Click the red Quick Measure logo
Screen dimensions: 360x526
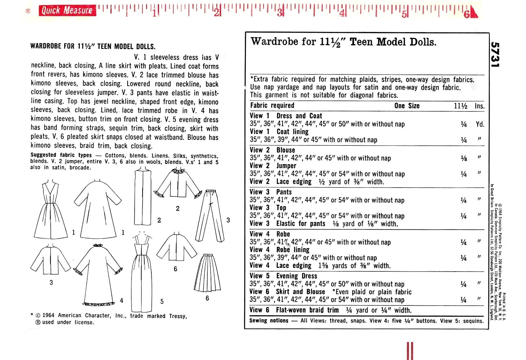67,11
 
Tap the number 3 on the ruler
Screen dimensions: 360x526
280,12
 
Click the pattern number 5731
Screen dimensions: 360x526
496,54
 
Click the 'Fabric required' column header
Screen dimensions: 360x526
272,105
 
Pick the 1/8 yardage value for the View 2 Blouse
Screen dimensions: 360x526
464,158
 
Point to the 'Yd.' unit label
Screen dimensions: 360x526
480,124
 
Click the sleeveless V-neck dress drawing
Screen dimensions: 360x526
51,211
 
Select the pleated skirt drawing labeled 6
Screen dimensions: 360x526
207,273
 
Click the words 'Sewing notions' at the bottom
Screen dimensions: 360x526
269,320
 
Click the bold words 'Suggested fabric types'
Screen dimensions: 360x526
61,155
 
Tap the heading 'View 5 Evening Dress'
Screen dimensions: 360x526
283,276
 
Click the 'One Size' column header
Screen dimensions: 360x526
407,106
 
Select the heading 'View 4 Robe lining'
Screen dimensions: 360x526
279,250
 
